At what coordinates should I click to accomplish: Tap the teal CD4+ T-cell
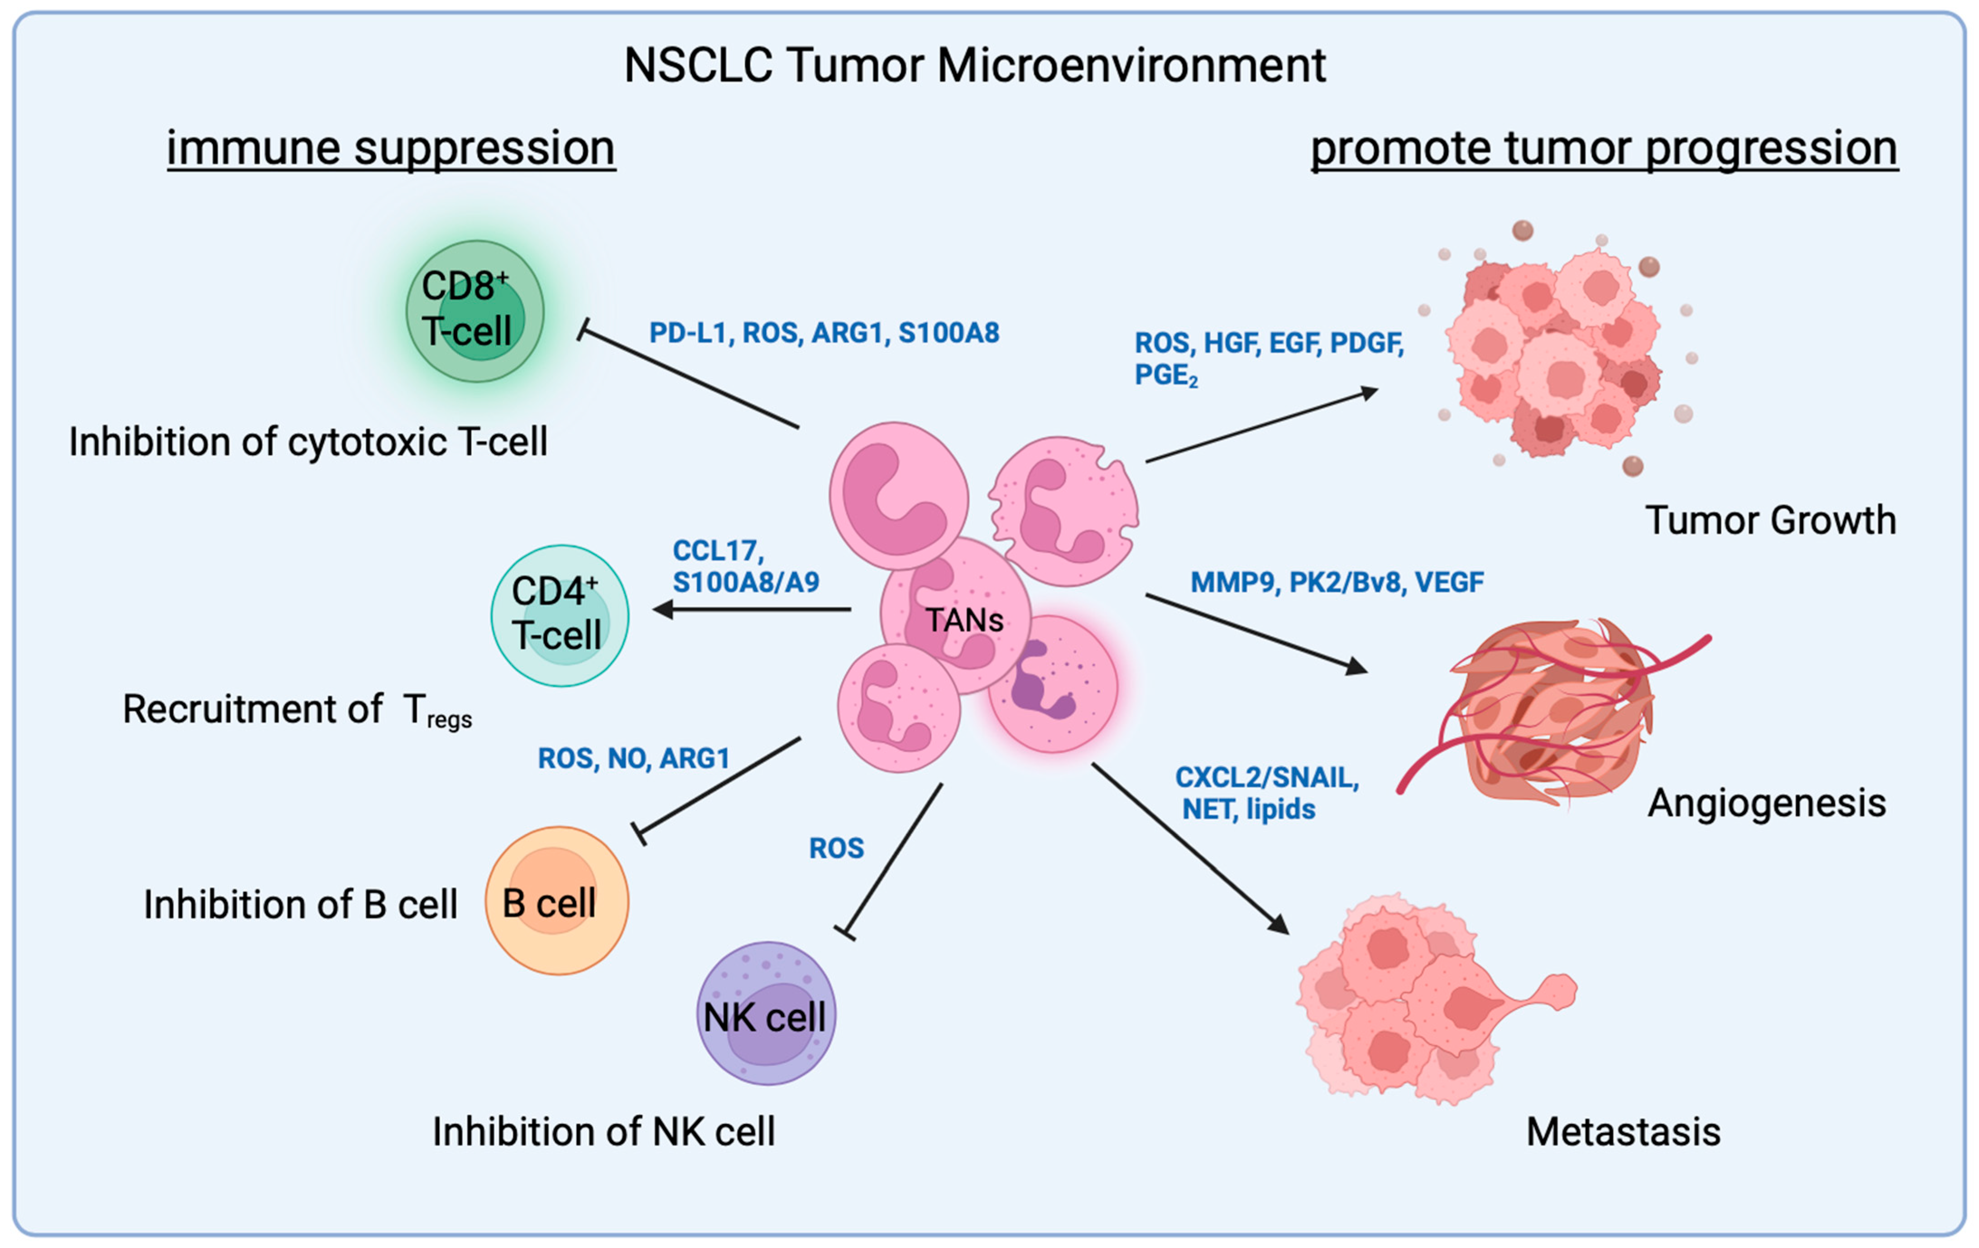560,615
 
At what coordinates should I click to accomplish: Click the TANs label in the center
964,620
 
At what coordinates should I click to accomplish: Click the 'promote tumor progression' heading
1603,149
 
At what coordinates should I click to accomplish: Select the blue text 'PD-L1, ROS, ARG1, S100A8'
824,333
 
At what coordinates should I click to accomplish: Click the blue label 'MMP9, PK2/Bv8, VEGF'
1337,583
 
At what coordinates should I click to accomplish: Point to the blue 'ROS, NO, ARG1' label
634,758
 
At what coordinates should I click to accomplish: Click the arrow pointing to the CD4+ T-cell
752,610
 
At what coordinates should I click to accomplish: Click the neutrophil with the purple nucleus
1052,684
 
